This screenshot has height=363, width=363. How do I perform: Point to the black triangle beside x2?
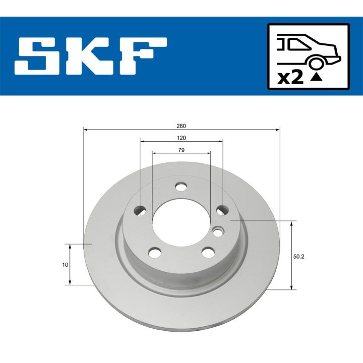pyautogui.click(x=316, y=77)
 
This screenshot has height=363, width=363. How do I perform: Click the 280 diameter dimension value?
pyautogui.click(x=181, y=126)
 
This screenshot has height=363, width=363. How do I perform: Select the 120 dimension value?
pyautogui.click(x=181, y=138)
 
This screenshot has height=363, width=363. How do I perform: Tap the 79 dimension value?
pyautogui.click(x=181, y=150)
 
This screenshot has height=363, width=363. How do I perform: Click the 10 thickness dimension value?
pyautogui.click(x=65, y=264)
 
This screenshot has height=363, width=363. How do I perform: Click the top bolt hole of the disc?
pyautogui.click(x=180, y=187)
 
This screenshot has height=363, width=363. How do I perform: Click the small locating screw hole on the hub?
pyautogui.click(x=218, y=231)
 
